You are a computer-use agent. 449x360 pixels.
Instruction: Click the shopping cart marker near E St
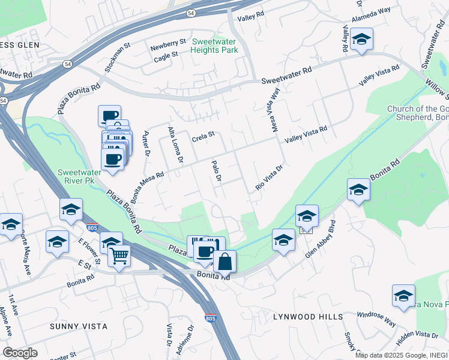119,256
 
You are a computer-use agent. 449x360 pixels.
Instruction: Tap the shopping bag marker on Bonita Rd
224,262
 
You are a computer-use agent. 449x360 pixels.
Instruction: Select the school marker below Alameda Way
361,40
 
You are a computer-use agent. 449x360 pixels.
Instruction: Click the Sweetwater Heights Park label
215,46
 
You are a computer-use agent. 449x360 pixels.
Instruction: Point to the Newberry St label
169,43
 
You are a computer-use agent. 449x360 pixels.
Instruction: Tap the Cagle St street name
166,54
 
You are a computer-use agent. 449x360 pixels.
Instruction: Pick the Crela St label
203,138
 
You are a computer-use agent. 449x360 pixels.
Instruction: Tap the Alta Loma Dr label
175,145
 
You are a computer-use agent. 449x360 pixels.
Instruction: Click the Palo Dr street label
217,172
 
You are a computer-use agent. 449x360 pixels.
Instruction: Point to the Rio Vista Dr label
268,178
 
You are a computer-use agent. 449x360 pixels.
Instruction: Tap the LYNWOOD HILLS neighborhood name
308,316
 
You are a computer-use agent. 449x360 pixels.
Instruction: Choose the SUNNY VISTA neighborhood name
79,326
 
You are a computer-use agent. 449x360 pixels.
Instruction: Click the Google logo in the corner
20,352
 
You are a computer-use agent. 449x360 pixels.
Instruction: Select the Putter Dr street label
146,145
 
